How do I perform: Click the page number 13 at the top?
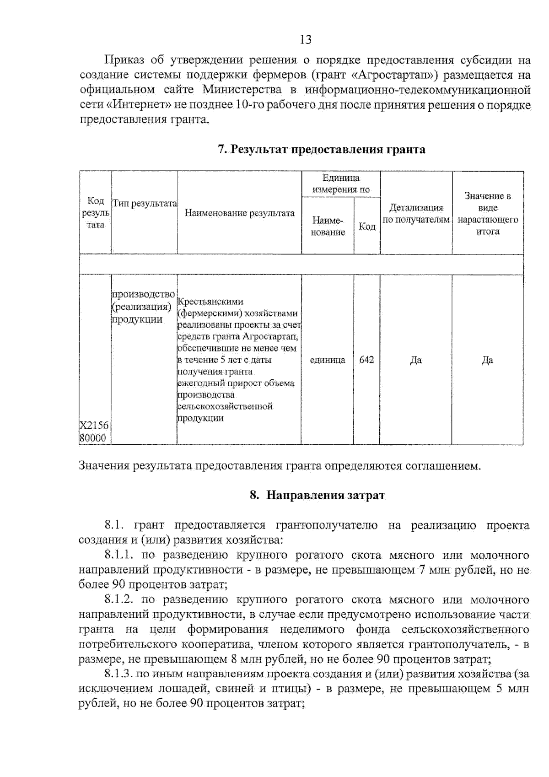306,40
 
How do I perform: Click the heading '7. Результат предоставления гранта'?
321,149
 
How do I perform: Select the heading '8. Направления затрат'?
318,495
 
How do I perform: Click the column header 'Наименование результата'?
239,213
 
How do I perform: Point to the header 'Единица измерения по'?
341,183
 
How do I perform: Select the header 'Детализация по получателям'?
416,213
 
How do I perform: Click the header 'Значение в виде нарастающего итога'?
488,213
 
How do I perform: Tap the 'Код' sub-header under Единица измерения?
367,226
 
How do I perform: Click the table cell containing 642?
366,360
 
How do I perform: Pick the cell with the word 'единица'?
328,360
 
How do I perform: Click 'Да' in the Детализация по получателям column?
415,360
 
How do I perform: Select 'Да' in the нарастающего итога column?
487,360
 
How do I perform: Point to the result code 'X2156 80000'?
94,432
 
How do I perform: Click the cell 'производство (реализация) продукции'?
143,306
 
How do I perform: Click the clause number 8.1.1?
118,555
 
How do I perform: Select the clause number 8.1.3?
118,674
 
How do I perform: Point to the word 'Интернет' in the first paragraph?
139,105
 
